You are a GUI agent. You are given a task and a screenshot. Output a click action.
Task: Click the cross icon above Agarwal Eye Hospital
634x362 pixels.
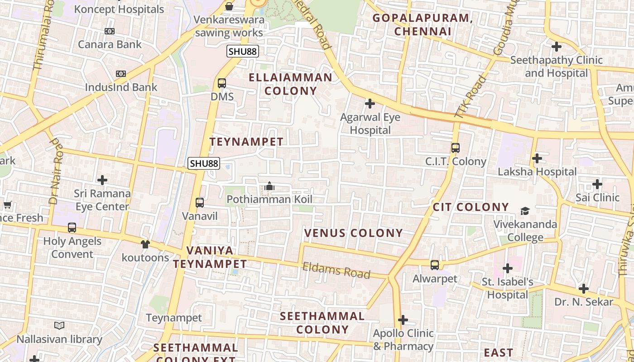[x=370, y=104]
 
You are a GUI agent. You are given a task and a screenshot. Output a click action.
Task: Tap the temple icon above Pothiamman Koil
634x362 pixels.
[x=269, y=186]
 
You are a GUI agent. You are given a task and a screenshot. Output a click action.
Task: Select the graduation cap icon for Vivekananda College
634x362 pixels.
[x=525, y=211]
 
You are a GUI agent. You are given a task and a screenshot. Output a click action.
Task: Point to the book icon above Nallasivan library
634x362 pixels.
[x=59, y=325]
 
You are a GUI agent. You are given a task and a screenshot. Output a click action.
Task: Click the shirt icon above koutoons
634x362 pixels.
[x=145, y=244]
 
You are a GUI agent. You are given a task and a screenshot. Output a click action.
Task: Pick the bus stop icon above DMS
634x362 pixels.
[x=222, y=83]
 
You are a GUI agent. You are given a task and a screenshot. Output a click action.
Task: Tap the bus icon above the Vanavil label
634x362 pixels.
[x=200, y=203]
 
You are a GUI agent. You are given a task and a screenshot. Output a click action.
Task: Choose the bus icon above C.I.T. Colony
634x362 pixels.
[x=456, y=148]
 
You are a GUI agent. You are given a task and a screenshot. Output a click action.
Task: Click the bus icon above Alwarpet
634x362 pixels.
[x=435, y=265]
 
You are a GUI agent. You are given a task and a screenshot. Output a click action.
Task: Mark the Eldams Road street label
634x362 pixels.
[x=336, y=271]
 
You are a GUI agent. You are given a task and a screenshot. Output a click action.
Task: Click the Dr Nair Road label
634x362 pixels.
[x=55, y=171]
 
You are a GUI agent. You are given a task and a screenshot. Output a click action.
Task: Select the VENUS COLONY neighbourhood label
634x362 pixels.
[x=353, y=233]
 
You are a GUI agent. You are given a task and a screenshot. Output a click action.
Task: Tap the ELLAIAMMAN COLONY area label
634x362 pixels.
[x=290, y=84]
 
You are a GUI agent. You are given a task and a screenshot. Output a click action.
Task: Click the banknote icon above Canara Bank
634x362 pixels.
[x=110, y=31]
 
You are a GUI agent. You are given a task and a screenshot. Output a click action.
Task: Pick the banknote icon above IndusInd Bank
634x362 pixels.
[x=121, y=74]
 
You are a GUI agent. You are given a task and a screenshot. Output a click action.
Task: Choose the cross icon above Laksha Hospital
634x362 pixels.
[x=537, y=158]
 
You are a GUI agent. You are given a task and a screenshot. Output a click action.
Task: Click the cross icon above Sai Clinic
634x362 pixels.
[x=597, y=184]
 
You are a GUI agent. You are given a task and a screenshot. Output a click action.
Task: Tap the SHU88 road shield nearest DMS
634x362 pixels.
[x=243, y=52]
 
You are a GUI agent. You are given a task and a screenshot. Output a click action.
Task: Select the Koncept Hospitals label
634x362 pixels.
[x=119, y=9]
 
